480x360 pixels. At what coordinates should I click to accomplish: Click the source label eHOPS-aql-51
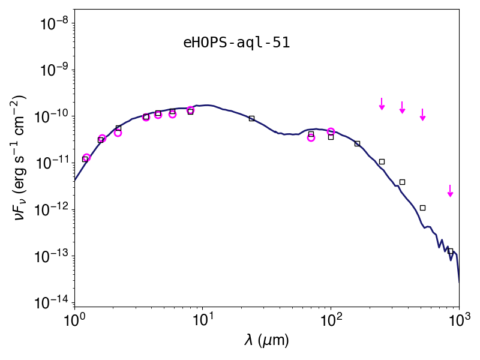click(236, 43)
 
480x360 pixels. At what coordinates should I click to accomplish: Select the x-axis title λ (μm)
click(266, 340)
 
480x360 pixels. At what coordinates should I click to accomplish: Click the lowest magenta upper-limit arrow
click(450, 191)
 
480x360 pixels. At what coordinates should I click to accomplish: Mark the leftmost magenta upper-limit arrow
click(382, 104)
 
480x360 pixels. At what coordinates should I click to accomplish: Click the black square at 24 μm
click(251, 118)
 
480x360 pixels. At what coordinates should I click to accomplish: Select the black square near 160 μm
click(357, 143)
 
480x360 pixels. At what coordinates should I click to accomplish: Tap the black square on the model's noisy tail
click(451, 251)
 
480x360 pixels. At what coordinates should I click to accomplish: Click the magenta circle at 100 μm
click(331, 131)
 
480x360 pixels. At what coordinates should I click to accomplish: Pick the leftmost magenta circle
click(86, 158)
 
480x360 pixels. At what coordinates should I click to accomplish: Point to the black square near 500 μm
click(423, 208)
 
